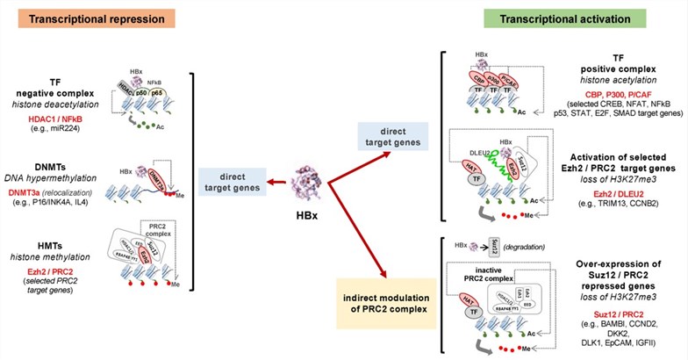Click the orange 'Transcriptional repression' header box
tap(85, 19)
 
